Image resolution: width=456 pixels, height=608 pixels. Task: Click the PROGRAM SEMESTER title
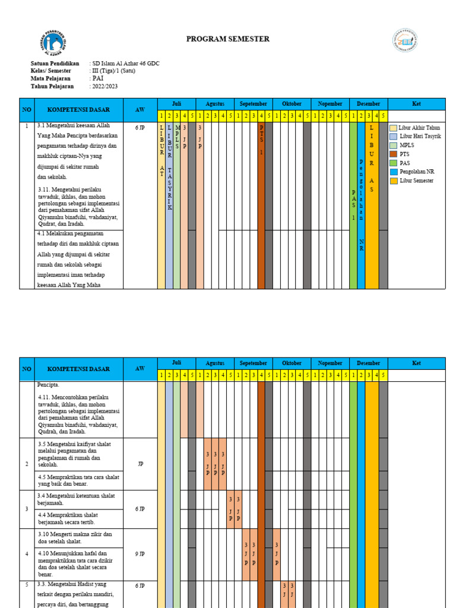point(227,39)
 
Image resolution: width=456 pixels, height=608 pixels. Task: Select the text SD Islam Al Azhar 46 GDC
point(125,64)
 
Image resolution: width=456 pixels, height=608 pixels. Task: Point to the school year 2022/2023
point(104,87)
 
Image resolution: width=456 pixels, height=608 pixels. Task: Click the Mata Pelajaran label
point(50,79)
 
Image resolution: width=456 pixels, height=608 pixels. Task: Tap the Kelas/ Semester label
point(52,71)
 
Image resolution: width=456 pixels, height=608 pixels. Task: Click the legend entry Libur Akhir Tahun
point(419,128)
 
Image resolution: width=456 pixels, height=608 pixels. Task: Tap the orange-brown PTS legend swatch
point(393,154)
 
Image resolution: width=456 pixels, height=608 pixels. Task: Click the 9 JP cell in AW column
point(140,554)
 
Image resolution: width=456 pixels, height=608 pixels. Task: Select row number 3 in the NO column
point(27,509)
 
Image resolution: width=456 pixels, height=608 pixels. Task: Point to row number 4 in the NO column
point(27,554)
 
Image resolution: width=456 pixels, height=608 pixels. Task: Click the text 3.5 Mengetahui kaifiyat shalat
point(74,444)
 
